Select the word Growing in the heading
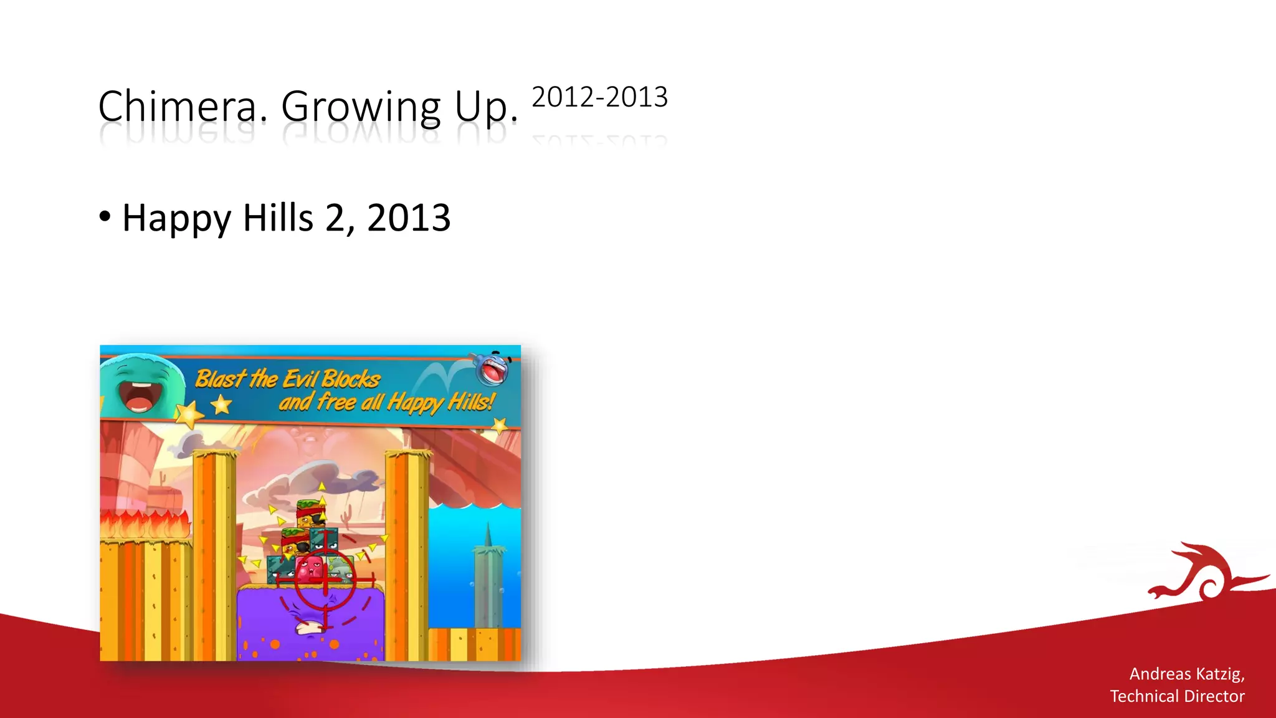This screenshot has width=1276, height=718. [x=361, y=107]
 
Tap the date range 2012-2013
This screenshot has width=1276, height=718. [x=599, y=97]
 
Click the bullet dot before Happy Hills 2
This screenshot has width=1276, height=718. [x=105, y=217]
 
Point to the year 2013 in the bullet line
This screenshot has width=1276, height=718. [x=409, y=218]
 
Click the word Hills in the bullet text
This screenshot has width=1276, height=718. [x=278, y=218]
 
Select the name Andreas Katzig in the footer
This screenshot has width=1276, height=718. [x=1186, y=674]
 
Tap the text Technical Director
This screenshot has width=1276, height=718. [x=1177, y=696]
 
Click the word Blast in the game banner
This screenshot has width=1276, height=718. [x=220, y=378]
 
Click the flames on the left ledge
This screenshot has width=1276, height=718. [x=146, y=524]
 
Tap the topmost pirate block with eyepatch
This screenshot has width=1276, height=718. [x=311, y=514]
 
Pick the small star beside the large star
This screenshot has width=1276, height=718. [x=221, y=406]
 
